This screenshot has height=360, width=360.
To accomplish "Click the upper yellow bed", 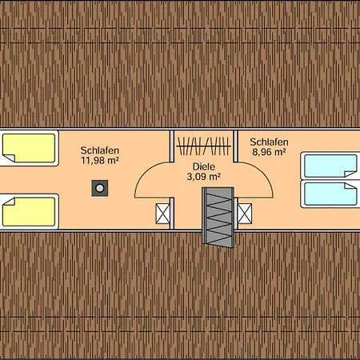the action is click(29, 148).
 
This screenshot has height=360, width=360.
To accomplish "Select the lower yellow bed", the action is click(29, 212).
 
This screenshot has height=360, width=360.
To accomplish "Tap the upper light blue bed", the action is click(330, 166).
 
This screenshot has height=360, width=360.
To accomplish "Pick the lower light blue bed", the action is click(330, 194).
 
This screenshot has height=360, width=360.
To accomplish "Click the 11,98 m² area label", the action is click(100, 160).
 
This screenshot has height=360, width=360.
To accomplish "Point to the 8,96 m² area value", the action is click(269, 152).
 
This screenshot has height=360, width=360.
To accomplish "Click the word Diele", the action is click(204, 166).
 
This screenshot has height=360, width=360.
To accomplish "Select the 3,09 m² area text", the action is click(204, 177).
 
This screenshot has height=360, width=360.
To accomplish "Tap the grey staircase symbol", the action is click(218, 217).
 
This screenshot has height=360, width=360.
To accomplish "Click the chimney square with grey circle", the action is click(100, 188).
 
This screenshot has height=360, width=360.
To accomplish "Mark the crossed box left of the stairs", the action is click(163, 214).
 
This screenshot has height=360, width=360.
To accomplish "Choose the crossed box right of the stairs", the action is click(245, 214).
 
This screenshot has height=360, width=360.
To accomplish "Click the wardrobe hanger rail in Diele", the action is click(203, 146).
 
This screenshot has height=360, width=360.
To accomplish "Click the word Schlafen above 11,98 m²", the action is click(100, 150).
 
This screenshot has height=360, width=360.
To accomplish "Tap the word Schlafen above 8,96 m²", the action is click(269, 142).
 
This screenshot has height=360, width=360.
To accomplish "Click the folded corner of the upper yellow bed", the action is click(9, 158).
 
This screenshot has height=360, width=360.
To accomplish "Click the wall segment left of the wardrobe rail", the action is click(172, 146).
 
